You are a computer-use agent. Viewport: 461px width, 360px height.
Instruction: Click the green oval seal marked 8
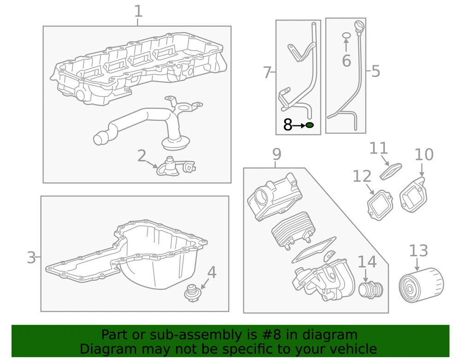point(309,125)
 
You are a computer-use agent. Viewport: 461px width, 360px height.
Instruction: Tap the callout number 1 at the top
point(138,11)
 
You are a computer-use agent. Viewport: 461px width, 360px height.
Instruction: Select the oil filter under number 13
point(421,286)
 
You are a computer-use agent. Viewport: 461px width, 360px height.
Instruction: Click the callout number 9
point(276,154)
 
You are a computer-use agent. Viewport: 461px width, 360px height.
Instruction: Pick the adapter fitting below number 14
point(371,290)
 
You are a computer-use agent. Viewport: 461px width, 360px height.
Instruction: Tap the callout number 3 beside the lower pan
point(31,257)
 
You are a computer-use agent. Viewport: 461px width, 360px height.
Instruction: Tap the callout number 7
point(267,72)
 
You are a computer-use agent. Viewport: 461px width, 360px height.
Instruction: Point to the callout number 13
point(419,251)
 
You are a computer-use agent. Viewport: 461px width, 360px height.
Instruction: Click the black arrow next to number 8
point(299,125)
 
